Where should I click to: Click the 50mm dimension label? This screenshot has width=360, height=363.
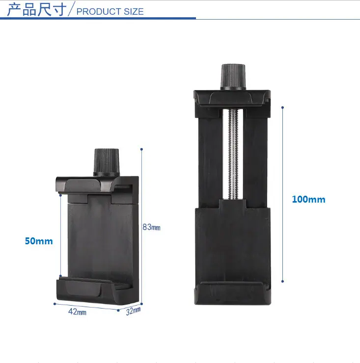coord(39,241)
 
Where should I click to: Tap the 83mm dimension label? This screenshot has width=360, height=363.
coord(151,227)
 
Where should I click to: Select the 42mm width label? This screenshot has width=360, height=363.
coord(77,312)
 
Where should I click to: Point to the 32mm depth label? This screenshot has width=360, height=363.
coord(133,311)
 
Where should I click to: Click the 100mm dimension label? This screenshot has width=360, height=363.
coord(308,199)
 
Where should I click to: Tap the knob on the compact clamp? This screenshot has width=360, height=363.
coord(107,162)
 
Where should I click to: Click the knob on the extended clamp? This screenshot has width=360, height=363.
coord(233,77)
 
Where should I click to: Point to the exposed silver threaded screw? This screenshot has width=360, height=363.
coord(233,154)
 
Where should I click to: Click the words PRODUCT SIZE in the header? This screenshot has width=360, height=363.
coord(110,12)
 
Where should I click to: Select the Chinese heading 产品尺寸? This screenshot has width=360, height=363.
coord(37,10)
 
